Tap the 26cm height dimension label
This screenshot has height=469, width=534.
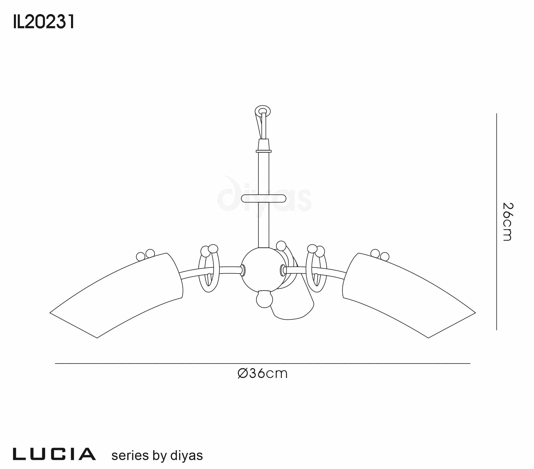click(507, 222)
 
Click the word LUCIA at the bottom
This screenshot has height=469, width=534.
click(54, 455)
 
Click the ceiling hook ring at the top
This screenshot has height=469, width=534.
click(262, 110)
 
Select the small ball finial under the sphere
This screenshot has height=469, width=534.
click(264, 300)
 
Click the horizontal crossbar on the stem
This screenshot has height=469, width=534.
click(264, 199)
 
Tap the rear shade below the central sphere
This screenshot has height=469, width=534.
click(294, 307)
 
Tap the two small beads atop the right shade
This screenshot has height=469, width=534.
click(380, 255)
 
